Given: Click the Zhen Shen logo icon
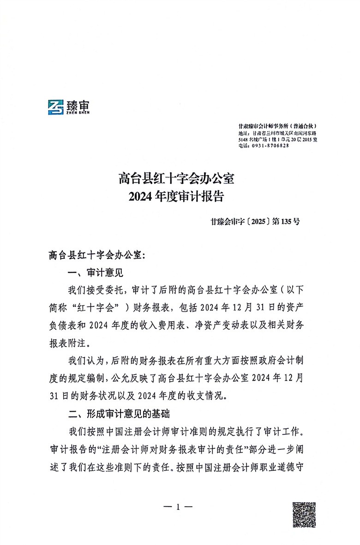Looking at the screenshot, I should (x=57, y=108).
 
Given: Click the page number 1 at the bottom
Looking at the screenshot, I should (x=178, y=507).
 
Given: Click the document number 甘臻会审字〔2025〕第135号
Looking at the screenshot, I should (x=253, y=221).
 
